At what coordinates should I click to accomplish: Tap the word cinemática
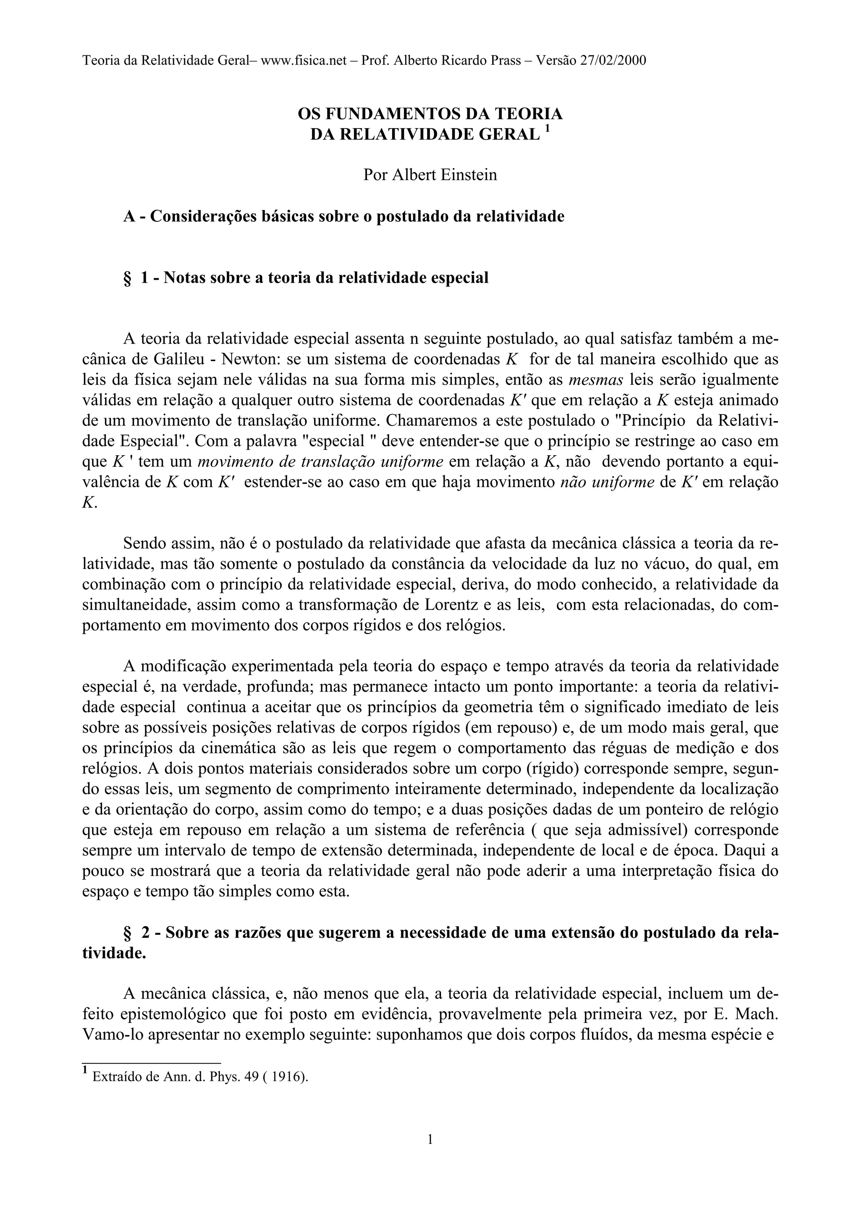217,748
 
